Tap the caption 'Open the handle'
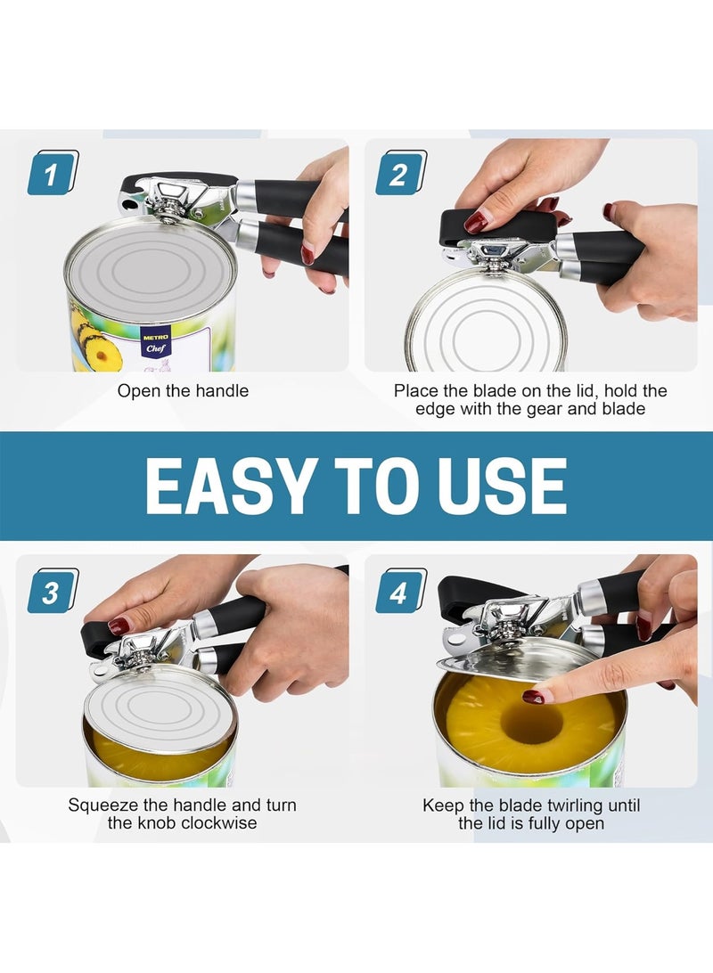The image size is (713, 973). point(184,390)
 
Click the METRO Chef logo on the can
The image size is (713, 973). point(155,344)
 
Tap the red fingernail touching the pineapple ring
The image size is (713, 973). point(534,696)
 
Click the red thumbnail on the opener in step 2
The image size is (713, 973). point(476,221)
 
